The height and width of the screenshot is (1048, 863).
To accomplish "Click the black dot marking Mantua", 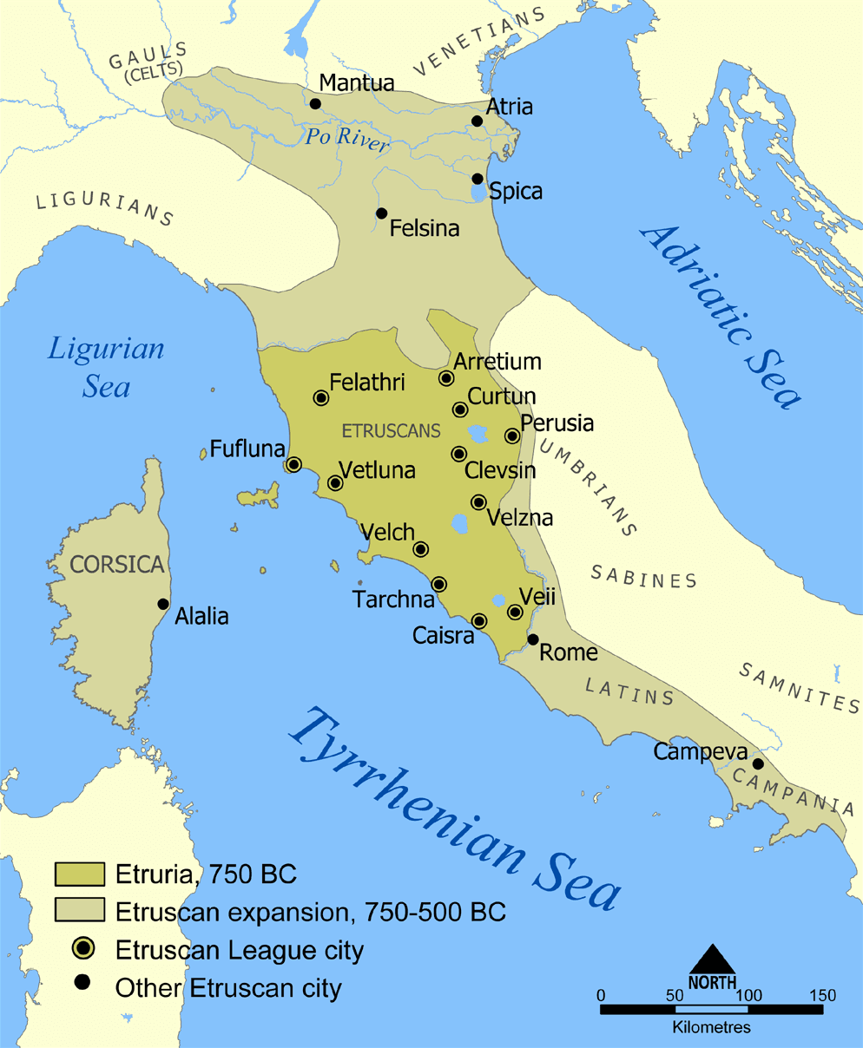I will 315,104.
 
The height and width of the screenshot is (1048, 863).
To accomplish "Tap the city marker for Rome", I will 533,639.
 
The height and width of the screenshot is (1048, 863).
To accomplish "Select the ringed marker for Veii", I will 515,612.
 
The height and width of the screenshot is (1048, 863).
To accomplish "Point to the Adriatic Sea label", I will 720,316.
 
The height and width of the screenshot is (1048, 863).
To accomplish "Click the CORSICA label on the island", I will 117,565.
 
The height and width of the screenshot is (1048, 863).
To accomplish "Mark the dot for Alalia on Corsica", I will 162,604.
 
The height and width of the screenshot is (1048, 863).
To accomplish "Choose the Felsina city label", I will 425,229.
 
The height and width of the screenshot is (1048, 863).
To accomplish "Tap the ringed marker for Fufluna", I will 293,464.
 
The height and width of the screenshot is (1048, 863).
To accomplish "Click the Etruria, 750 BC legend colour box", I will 80,874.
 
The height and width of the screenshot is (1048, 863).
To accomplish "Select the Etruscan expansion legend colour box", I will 80,911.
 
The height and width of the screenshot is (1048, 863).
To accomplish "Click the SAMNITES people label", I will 800,687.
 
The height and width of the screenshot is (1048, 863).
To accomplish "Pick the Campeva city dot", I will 758,764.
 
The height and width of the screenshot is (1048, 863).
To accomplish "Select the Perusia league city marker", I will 512,436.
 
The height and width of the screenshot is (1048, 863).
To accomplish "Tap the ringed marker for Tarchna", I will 439,585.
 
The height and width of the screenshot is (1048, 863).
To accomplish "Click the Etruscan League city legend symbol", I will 83,949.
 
